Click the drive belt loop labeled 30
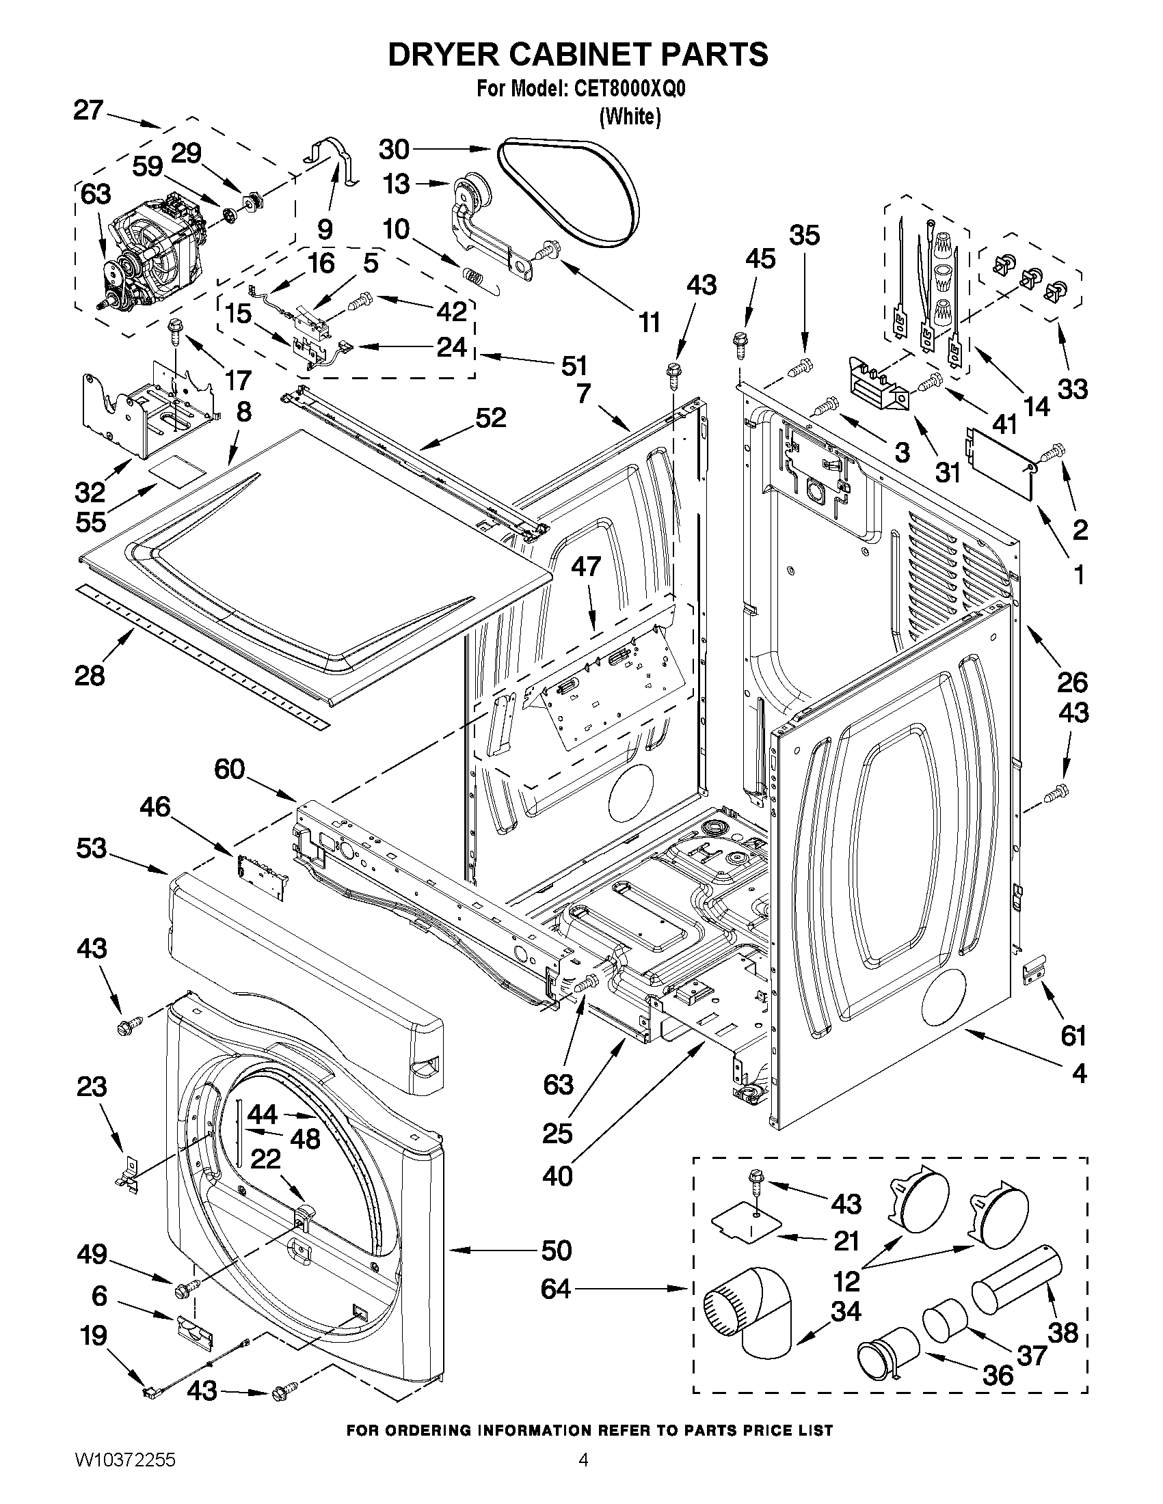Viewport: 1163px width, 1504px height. tap(567, 191)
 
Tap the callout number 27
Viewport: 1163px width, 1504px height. tap(88, 110)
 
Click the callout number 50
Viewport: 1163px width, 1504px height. tap(556, 1249)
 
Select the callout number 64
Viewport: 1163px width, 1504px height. tap(556, 1289)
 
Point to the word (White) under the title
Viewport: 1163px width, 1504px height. tap(630, 117)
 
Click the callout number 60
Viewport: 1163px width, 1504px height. tap(230, 769)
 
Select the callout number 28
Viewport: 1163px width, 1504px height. tap(90, 675)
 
